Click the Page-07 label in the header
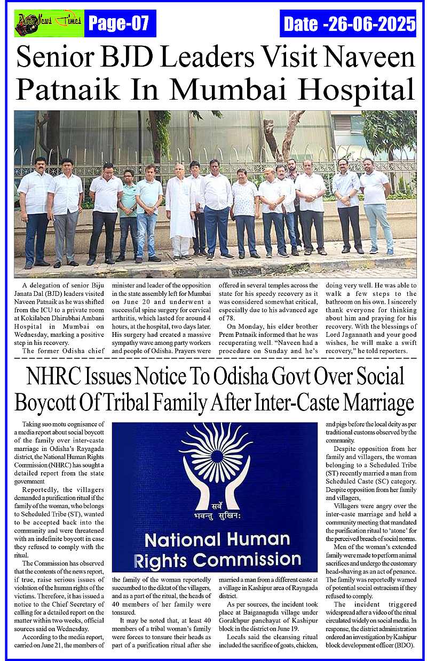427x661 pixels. [118, 23]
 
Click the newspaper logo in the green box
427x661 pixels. [49, 23]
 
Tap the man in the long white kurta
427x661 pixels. [180, 213]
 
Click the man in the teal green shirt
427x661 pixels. [128, 211]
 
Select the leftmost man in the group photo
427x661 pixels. [36, 211]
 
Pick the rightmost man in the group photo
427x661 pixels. [377, 205]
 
